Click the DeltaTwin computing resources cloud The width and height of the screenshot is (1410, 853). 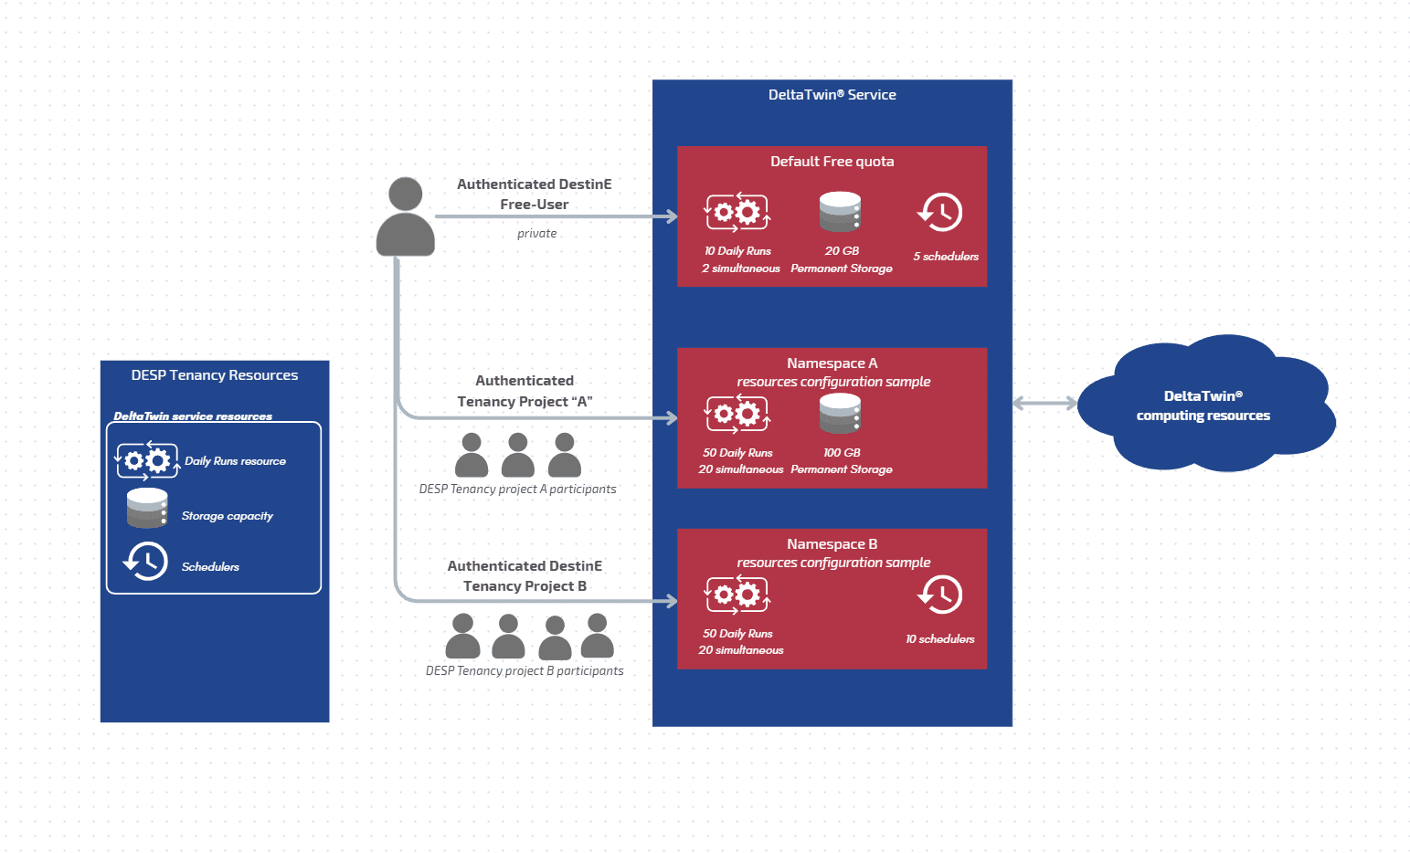tap(1203, 405)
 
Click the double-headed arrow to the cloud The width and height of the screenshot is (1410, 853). tap(1044, 403)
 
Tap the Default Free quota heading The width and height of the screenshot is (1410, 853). tap(832, 162)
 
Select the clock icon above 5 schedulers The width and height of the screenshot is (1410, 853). tap(940, 213)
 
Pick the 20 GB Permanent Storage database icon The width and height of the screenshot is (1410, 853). tap(840, 212)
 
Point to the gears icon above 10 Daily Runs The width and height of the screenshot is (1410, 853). tap(737, 212)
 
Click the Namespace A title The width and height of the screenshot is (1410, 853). tap(832, 363)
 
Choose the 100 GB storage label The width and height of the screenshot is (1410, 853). tap(842, 453)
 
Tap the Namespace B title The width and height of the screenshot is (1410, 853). tap(832, 544)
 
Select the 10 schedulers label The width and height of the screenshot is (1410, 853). tap(939, 639)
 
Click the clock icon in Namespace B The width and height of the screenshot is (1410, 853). tap(940, 595)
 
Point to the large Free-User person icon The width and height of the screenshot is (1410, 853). tap(405, 217)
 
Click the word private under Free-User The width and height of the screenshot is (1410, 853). tap(536, 234)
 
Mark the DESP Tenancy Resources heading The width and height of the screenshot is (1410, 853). tap(215, 375)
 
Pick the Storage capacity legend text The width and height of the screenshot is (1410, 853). tap(227, 516)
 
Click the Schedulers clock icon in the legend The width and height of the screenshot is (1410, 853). tap(146, 562)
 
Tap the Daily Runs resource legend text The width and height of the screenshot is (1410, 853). tap(235, 461)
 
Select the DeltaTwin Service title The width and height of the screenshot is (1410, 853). tap(832, 95)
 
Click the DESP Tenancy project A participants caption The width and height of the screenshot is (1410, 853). tap(517, 490)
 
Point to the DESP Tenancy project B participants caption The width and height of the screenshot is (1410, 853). tap(525, 671)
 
